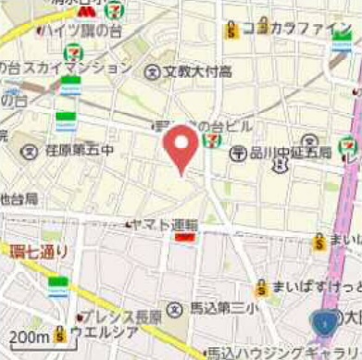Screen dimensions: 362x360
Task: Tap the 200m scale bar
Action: coord(28,336)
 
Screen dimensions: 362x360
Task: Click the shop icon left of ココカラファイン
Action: coord(231,30)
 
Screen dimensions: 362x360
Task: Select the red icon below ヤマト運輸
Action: coord(184,238)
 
